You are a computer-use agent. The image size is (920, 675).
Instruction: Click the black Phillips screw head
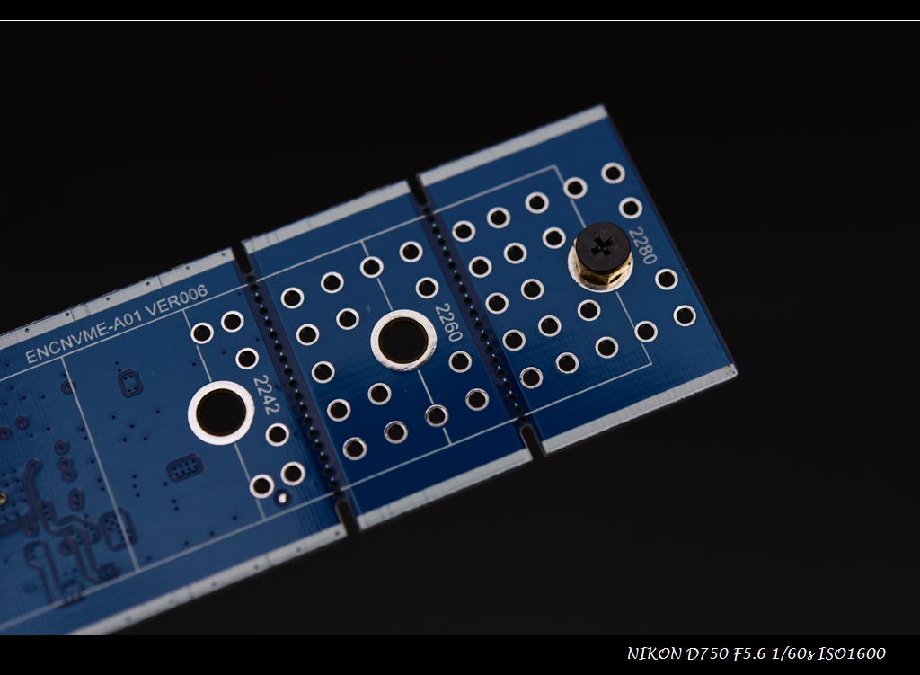(x=603, y=246)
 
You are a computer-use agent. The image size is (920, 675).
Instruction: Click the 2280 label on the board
(x=642, y=246)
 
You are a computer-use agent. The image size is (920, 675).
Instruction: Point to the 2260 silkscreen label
(x=449, y=323)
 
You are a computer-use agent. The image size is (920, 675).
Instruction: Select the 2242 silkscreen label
(x=266, y=395)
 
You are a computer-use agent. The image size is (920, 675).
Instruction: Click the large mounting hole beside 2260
(x=403, y=341)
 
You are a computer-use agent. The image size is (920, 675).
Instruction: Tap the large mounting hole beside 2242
(x=221, y=412)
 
